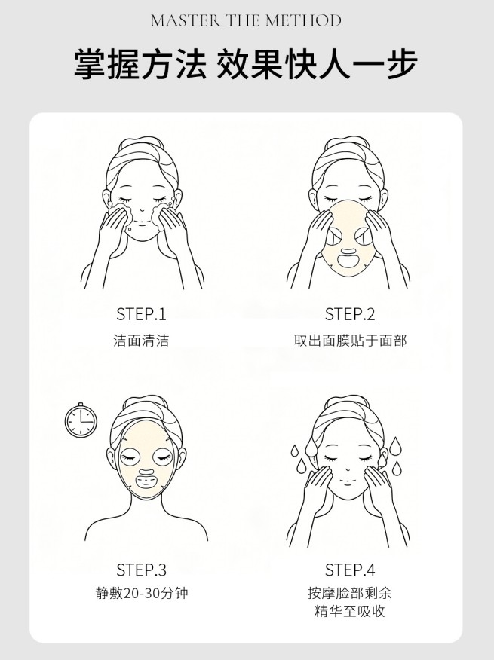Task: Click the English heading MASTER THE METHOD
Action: pos(246,20)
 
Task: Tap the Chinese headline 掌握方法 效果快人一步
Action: pos(246,64)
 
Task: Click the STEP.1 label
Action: pos(141,314)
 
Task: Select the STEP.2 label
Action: pos(350,314)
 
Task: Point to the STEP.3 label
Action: pos(141,570)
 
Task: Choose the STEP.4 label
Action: pos(350,570)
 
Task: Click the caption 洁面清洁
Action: pos(141,340)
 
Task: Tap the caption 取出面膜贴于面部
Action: pos(350,340)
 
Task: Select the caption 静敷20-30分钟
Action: pos(141,593)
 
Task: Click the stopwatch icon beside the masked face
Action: pos(81,420)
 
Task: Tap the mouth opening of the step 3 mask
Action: pos(146,481)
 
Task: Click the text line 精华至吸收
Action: pos(350,611)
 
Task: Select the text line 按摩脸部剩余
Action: pos(350,593)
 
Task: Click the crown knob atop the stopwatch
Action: pos(81,405)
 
